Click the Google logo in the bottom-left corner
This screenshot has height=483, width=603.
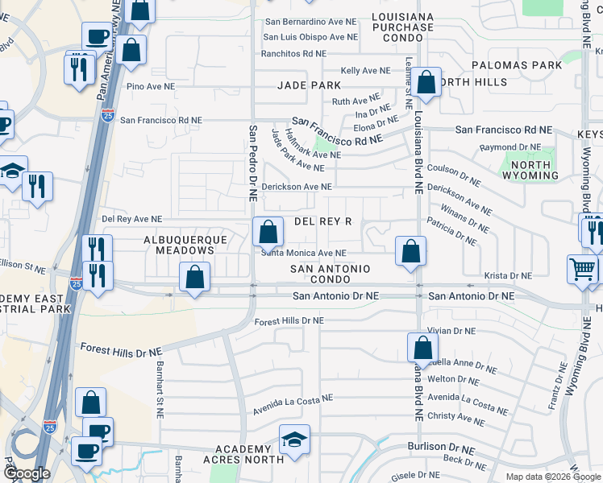pyautogui.click(x=27, y=473)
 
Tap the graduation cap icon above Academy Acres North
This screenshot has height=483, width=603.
pyautogui.click(x=294, y=440)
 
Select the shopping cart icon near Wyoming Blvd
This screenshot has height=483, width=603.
pyautogui.click(x=582, y=270)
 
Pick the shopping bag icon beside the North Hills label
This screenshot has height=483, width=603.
pyautogui.click(x=427, y=82)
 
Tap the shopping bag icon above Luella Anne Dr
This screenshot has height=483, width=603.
pyautogui.click(x=422, y=348)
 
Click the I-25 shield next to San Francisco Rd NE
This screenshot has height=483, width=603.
pyautogui.click(x=109, y=118)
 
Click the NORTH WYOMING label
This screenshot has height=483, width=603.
pyautogui.click(x=530, y=170)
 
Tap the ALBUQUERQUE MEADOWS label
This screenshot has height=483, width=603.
pyautogui.click(x=179, y=245)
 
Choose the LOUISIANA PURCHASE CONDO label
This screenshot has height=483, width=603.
pyautogui.click(x=403, y=27)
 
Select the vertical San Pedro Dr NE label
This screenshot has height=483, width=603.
pyautogui.click(x=252, y=163)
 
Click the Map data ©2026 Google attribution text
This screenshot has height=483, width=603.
pyautogui.click(x=553, y=476)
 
